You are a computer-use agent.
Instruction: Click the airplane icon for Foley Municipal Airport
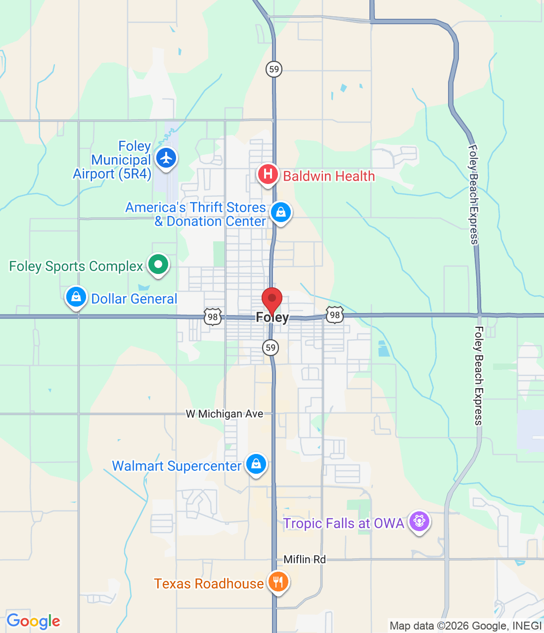point(166,158)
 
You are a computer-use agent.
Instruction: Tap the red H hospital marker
point(268,174)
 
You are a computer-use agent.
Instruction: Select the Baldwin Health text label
point(329,176)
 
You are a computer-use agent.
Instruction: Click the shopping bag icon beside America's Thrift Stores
point(281,212)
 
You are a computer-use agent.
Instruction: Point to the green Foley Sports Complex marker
point(158,264)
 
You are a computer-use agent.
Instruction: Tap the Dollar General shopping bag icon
point(76,297)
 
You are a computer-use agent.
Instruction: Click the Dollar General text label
point(134,299)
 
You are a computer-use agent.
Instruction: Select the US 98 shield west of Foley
point(213,317)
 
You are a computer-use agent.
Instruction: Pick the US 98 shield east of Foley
point(335,315)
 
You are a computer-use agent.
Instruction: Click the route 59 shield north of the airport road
point(274,69)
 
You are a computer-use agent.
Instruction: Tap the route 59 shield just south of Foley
point(271,347)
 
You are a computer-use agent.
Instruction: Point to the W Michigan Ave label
point(225,414)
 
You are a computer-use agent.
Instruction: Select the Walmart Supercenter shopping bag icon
point(256,464)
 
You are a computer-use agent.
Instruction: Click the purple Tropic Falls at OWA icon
point(419,521)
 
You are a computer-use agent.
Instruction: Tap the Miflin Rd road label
point(305,559)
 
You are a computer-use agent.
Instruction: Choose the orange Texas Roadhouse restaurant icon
point(278,582)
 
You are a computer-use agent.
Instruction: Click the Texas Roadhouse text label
point(209,584)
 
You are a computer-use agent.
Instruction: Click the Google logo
point(33,621)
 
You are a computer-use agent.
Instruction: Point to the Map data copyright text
point(465,626)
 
